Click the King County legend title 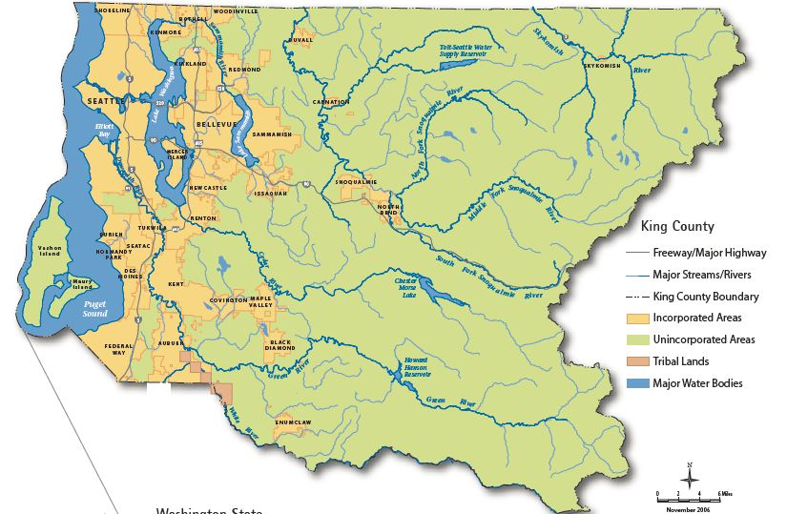coord(678,227)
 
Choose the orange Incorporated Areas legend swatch coord(638,318)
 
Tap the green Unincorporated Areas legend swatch coord(638,339)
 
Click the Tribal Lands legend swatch coord(638,361)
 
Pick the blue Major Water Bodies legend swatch coord(638,383)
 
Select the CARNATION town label coord(331,101)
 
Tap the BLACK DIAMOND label coord(280,345)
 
